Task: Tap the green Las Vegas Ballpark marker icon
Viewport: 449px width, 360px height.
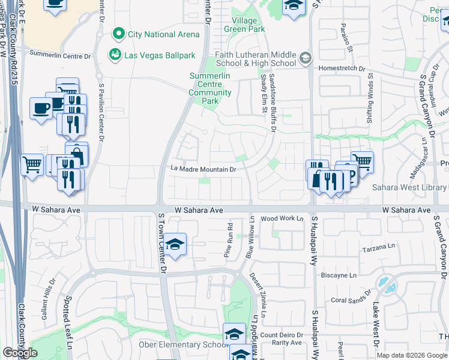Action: pyautogui.click(x=114, y=55)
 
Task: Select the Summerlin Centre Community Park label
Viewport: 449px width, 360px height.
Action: pyautogui.click(x=210, y=89)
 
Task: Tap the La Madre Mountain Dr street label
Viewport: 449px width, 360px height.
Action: pyautogui.click(x=203, y=170)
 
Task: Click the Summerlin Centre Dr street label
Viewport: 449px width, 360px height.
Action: pyautogui.click(x=60, y=55)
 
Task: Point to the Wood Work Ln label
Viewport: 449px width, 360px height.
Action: pyautogui.click(x=282, y=218)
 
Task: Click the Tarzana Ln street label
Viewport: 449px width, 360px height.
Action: pyautogui.click(x=376, y=248)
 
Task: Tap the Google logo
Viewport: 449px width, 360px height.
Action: pyautogui.click(x=20, y=353)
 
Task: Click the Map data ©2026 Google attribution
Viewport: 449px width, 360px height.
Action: pyautogui.click(x=411, y=355)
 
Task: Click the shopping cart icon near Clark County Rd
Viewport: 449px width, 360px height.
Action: pyautogui.click(x=32, y=163)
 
